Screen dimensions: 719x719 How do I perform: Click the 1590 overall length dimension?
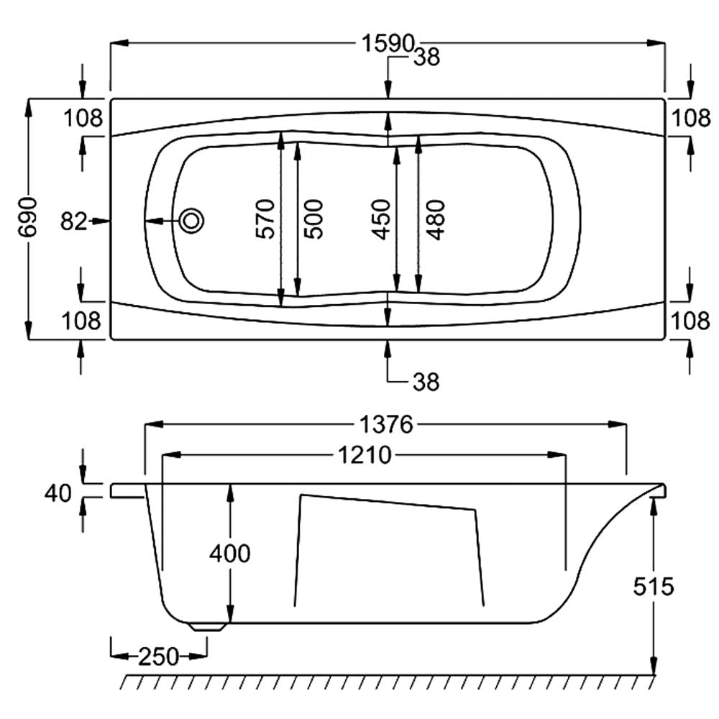click(x=388, y=43)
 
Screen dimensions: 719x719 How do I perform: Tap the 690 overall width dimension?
click(x=27, y=217)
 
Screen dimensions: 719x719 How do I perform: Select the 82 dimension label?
click(x=73, y=221)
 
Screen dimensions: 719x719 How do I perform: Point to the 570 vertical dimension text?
click(x=265, y=219)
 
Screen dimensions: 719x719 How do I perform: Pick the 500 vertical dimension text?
click(x=313, y=219)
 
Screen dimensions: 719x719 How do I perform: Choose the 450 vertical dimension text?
click(x=381, y=219)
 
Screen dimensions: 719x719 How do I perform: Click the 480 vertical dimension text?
click(x=436, y=219)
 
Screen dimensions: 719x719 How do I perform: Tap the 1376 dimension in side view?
click(x=386, y=425)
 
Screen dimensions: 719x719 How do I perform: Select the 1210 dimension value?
click(x=365, y=455)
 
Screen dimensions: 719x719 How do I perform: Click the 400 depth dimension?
click(x=230, y=554)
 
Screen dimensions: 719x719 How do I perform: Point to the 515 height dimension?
click(x=654, y=587)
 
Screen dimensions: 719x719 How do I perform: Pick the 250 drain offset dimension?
click(x=159, y=656)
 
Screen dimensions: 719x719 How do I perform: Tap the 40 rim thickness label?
click(x=58, y=493)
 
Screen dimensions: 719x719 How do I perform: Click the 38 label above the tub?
click(x=426, y=58)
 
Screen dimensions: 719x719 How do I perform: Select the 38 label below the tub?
click(x=426, y=382)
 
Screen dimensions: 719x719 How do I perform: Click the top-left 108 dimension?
click(x=83, y=119)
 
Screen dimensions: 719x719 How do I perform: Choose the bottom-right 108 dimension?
click(x=690, y=321)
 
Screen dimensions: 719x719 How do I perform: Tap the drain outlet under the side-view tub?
click(x=209, y=627)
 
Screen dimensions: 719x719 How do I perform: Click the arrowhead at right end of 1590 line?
click(x=656, y=43)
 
